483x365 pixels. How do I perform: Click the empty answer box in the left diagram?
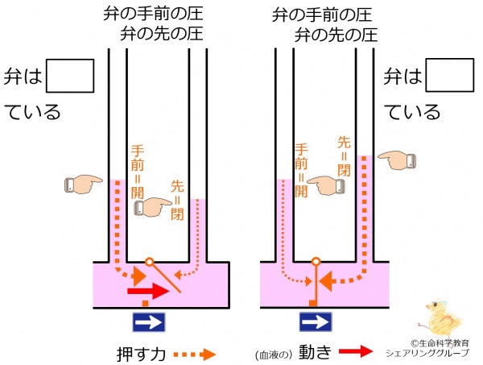click(x=70, y=76)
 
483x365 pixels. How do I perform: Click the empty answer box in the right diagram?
click(x=450, y=75)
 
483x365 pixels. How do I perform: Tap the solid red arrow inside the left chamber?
click(x=148, y=292)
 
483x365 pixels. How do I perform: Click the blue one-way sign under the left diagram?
click(x=149, y=322)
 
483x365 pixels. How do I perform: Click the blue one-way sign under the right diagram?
click(x=316, y=322)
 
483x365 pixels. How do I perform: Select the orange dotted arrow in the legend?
click(x=195, y=355)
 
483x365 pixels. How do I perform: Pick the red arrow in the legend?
click(x=356, y=351)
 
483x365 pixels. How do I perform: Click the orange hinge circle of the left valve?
click(x=149, y=262)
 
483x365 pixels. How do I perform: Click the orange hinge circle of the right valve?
click(x=316, y=262)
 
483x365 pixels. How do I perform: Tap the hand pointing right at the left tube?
click(x=84, y=185)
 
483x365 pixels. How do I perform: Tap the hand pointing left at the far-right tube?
click(x=397, y=160)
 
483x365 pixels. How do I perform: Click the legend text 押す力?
click(x=142, y=355)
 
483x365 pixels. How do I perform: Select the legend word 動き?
click(x=315, y=351)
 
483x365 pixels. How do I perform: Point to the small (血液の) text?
click(x=274, y=355)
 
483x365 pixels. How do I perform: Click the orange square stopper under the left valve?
click(x=146, y=303)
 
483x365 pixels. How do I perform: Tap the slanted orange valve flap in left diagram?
click(x=166, y=278)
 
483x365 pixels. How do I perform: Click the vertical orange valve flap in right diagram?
click(x=316, y=283)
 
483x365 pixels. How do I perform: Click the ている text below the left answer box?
click(x=32, y=112)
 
